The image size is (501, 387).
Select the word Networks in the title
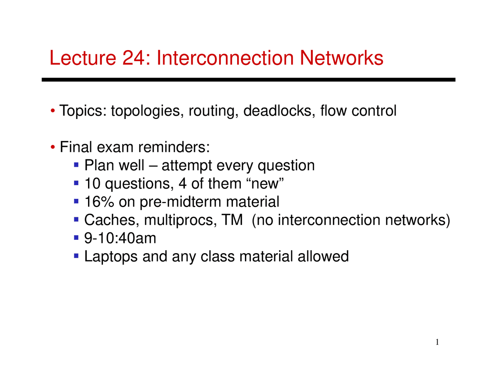(x=341, y=58)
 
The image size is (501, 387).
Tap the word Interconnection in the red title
(x=225, y=58)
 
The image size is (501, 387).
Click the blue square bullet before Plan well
(x=77, y=164)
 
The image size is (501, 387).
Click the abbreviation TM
(x=232, y=220)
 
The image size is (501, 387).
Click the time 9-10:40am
(x=120, y=238)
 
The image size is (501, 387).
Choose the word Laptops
(x=111, y=257)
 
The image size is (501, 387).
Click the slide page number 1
(x=437, y=342)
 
